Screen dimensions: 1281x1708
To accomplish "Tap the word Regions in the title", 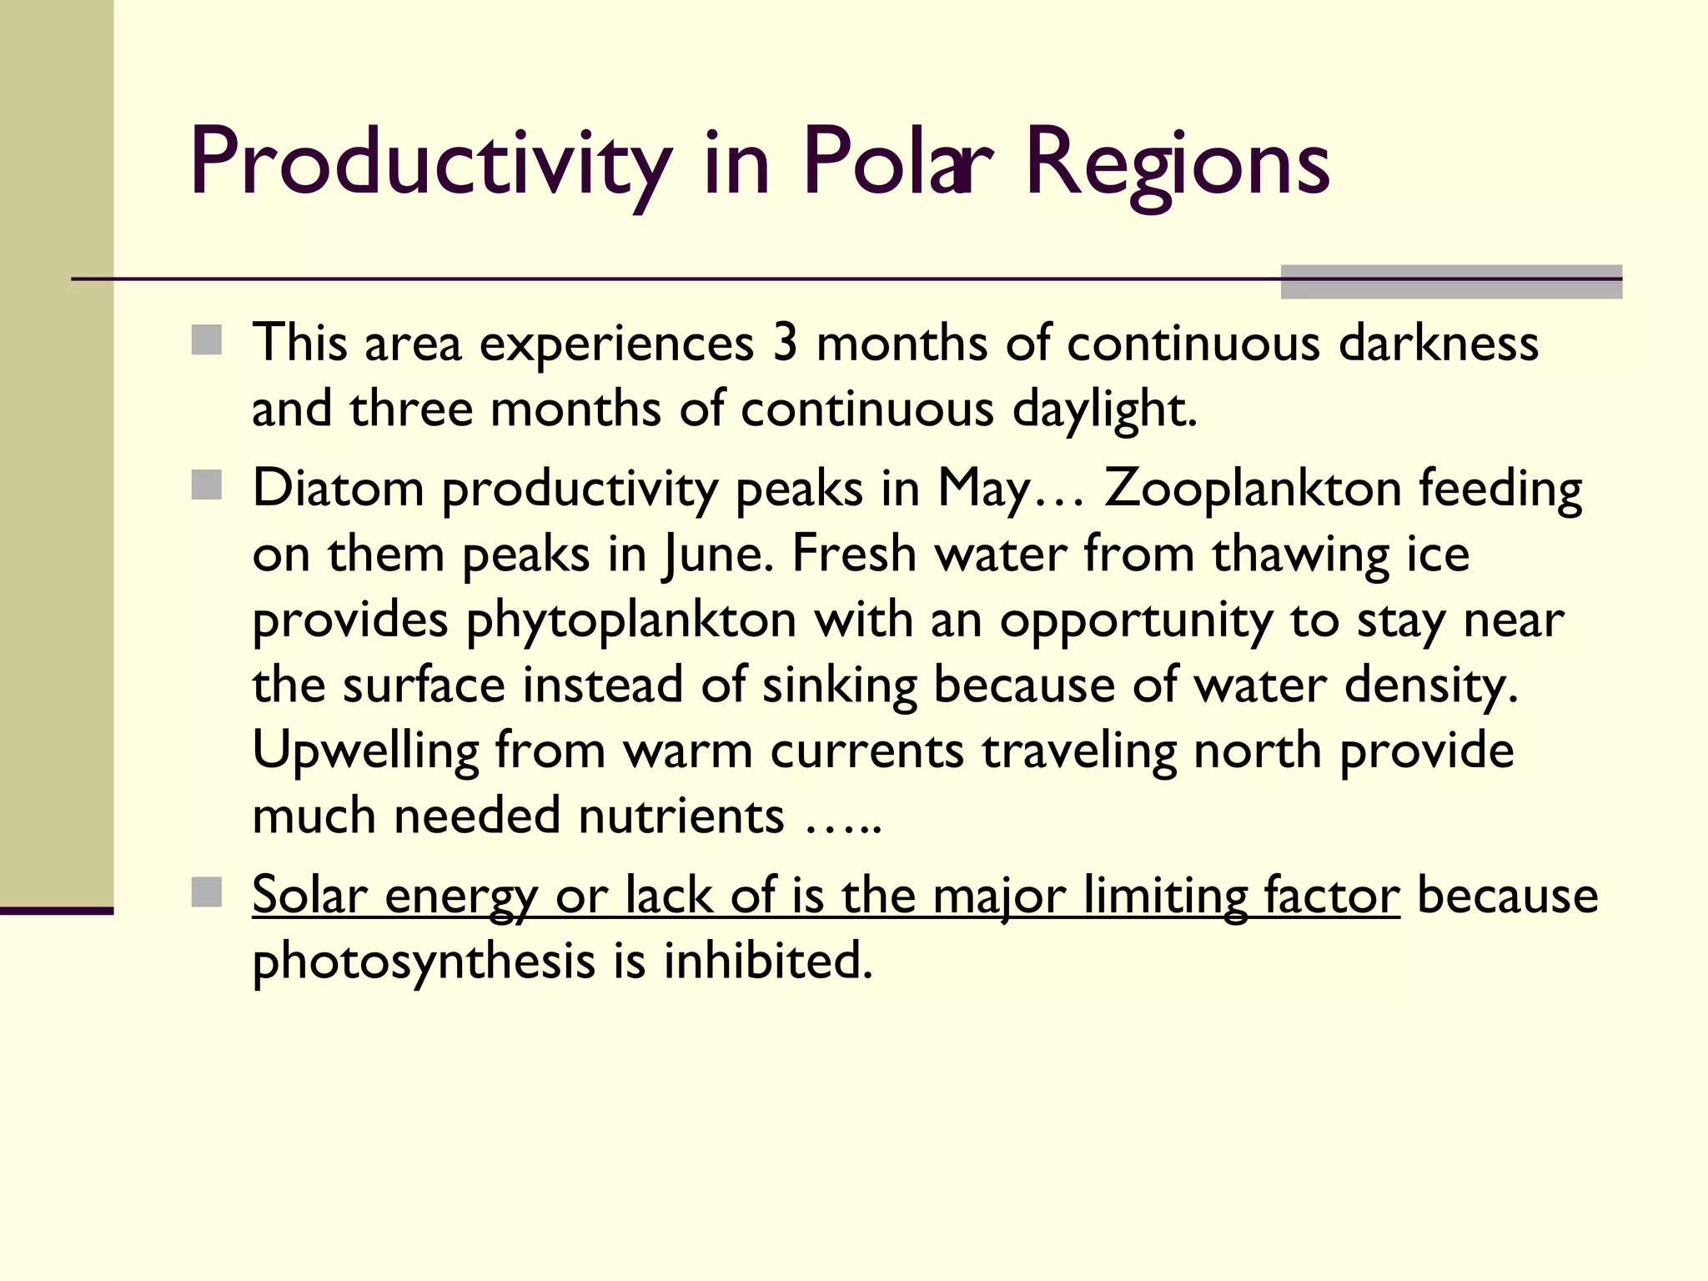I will (x=1177, y=163).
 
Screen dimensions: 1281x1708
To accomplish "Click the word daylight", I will (x=1104, y=410).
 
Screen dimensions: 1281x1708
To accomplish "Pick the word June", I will (x=714, y=554).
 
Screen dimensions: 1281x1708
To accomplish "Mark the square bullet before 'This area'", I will (x=207, y=340).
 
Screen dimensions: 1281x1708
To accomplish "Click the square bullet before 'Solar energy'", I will (x=207, y=892).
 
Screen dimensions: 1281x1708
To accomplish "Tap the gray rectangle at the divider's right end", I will (x=1451, y=282).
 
